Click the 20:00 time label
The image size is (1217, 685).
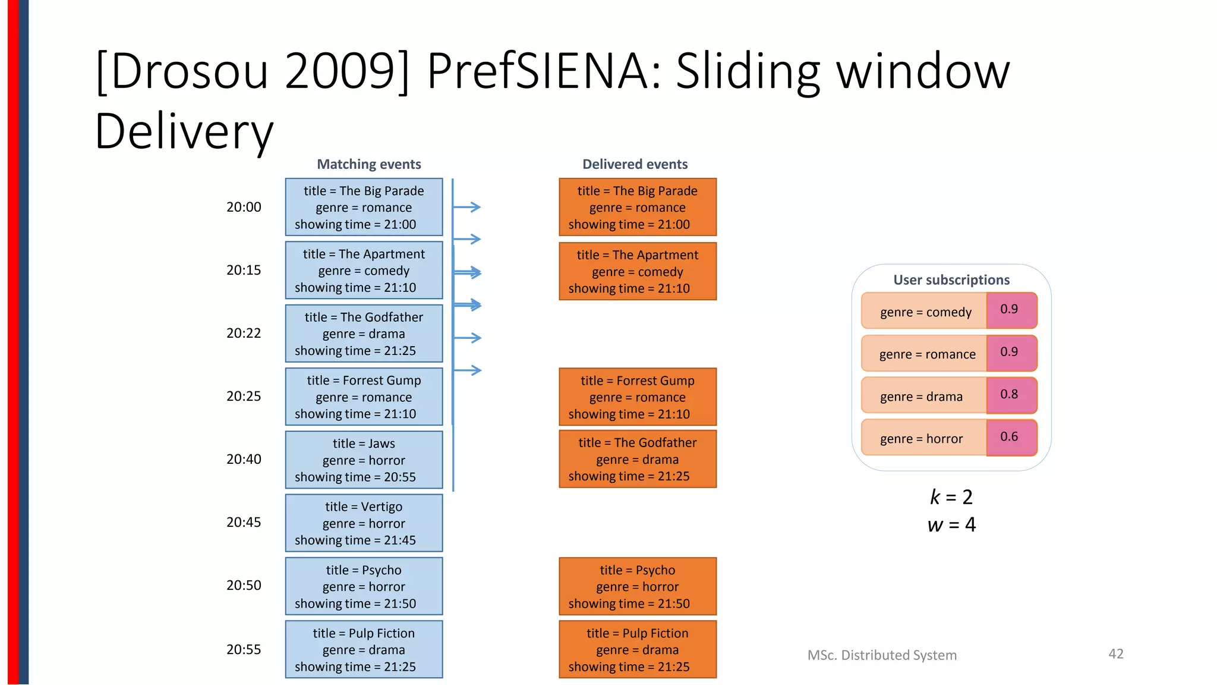pyautogui.click(x=244, y=207)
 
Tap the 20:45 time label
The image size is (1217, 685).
pyautogui.click(x=244, y=522)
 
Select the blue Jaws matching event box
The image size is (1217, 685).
pyautogui.click(x=364, y=460)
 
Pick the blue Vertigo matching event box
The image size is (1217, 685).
pyautogui.click(x=364, y=523)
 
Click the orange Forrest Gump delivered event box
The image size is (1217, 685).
pyautogui.click(x=638, y=397)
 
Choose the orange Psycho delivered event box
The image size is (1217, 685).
pyautogui.click(x=638, y=586)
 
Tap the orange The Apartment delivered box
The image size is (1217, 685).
pyautogui.click(x=638, y=272)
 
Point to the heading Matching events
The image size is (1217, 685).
pyautogui.click(x=368, y=164)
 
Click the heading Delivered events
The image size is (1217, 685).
pyautogui.click(x=635, y=164)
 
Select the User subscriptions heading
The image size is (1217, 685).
pyautogui.click(x=951, y=280)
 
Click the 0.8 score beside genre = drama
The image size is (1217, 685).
pyautogui.click(x=1009, y=394)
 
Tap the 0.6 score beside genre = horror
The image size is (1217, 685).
pyautogui.click(x=1009, y=436)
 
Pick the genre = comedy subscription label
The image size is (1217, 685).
pyautogui.click(x=925, y=312)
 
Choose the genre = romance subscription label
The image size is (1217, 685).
pyautogui.click(x=927, y=354)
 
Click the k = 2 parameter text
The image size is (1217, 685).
pyautogui.click(x=951, y=497)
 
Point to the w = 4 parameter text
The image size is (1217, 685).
pyautogui.click(x=951, y=525)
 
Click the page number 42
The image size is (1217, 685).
pyautogui.click(x=1116, y=654)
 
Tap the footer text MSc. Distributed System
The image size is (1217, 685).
pyautogui.click(x=882, y=655)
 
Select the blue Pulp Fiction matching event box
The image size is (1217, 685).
pyautogui.click(x=364, y=650)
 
